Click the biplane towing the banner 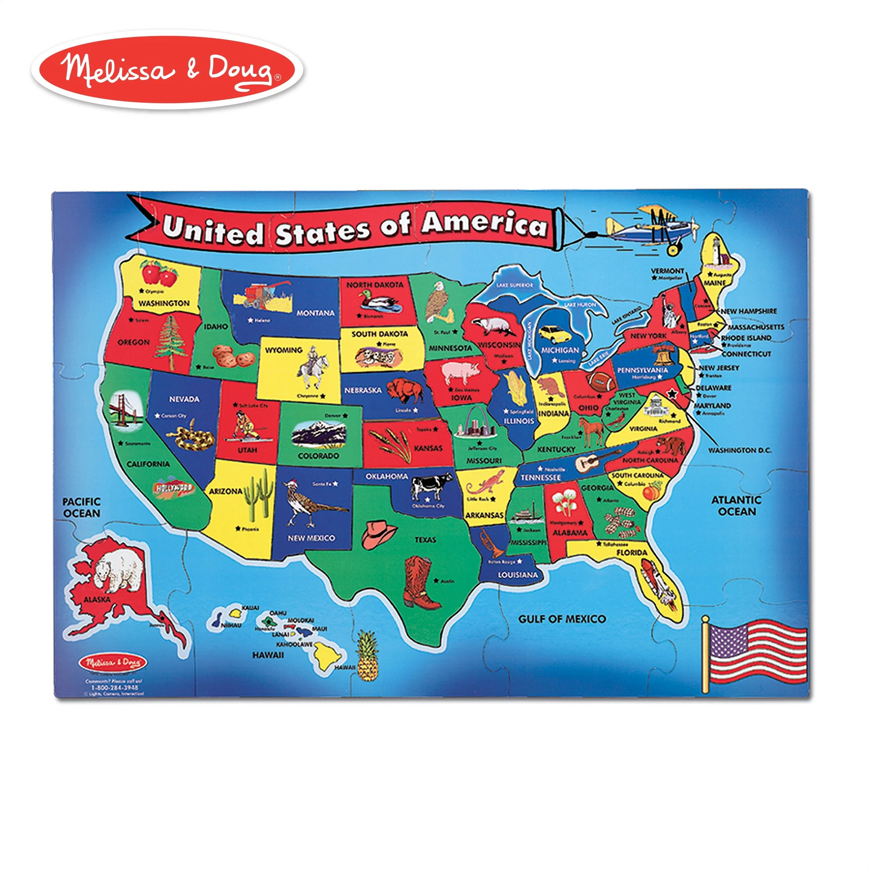pos(653,228)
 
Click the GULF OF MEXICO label pos(562,619)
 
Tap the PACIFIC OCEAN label pos(81,508)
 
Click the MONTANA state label pos(315,313)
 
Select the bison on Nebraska pos(405,389)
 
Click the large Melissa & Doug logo pos(167,71)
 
